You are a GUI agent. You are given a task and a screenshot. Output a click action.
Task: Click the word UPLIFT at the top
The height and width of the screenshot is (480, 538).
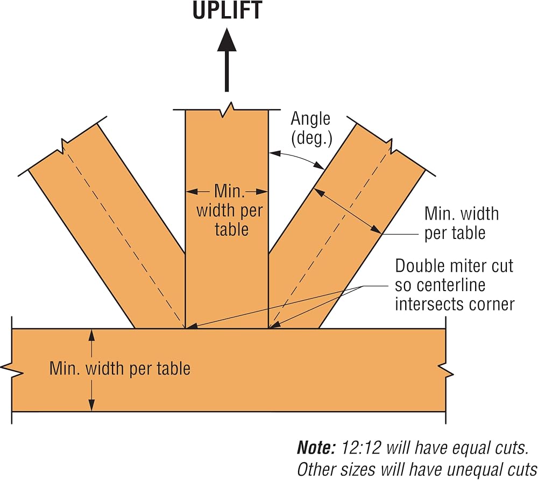coord(227,10)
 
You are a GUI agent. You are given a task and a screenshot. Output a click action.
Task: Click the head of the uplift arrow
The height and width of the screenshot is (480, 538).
coord(227,40)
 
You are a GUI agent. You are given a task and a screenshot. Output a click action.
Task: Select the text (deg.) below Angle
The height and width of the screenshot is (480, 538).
coord(312,139)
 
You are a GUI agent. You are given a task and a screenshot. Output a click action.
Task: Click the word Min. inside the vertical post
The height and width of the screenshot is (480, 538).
coord(230,191)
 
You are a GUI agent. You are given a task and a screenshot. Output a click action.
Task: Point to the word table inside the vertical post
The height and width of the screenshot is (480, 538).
coord(231,229)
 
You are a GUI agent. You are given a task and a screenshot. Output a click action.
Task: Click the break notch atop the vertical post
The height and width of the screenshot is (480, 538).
coord(227,109)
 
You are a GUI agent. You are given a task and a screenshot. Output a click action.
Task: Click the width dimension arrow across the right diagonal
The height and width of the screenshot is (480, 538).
coord(348,211)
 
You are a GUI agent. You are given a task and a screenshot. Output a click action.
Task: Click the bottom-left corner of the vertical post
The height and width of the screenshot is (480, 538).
coord(186,328)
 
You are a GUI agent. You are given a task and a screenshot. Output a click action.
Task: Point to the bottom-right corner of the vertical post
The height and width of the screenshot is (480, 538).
coord(268,328)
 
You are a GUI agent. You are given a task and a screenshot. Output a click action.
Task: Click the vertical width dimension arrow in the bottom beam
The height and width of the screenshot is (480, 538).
coord(91,370)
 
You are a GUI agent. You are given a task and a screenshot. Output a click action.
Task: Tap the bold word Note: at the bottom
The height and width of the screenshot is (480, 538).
coord(316,447)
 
